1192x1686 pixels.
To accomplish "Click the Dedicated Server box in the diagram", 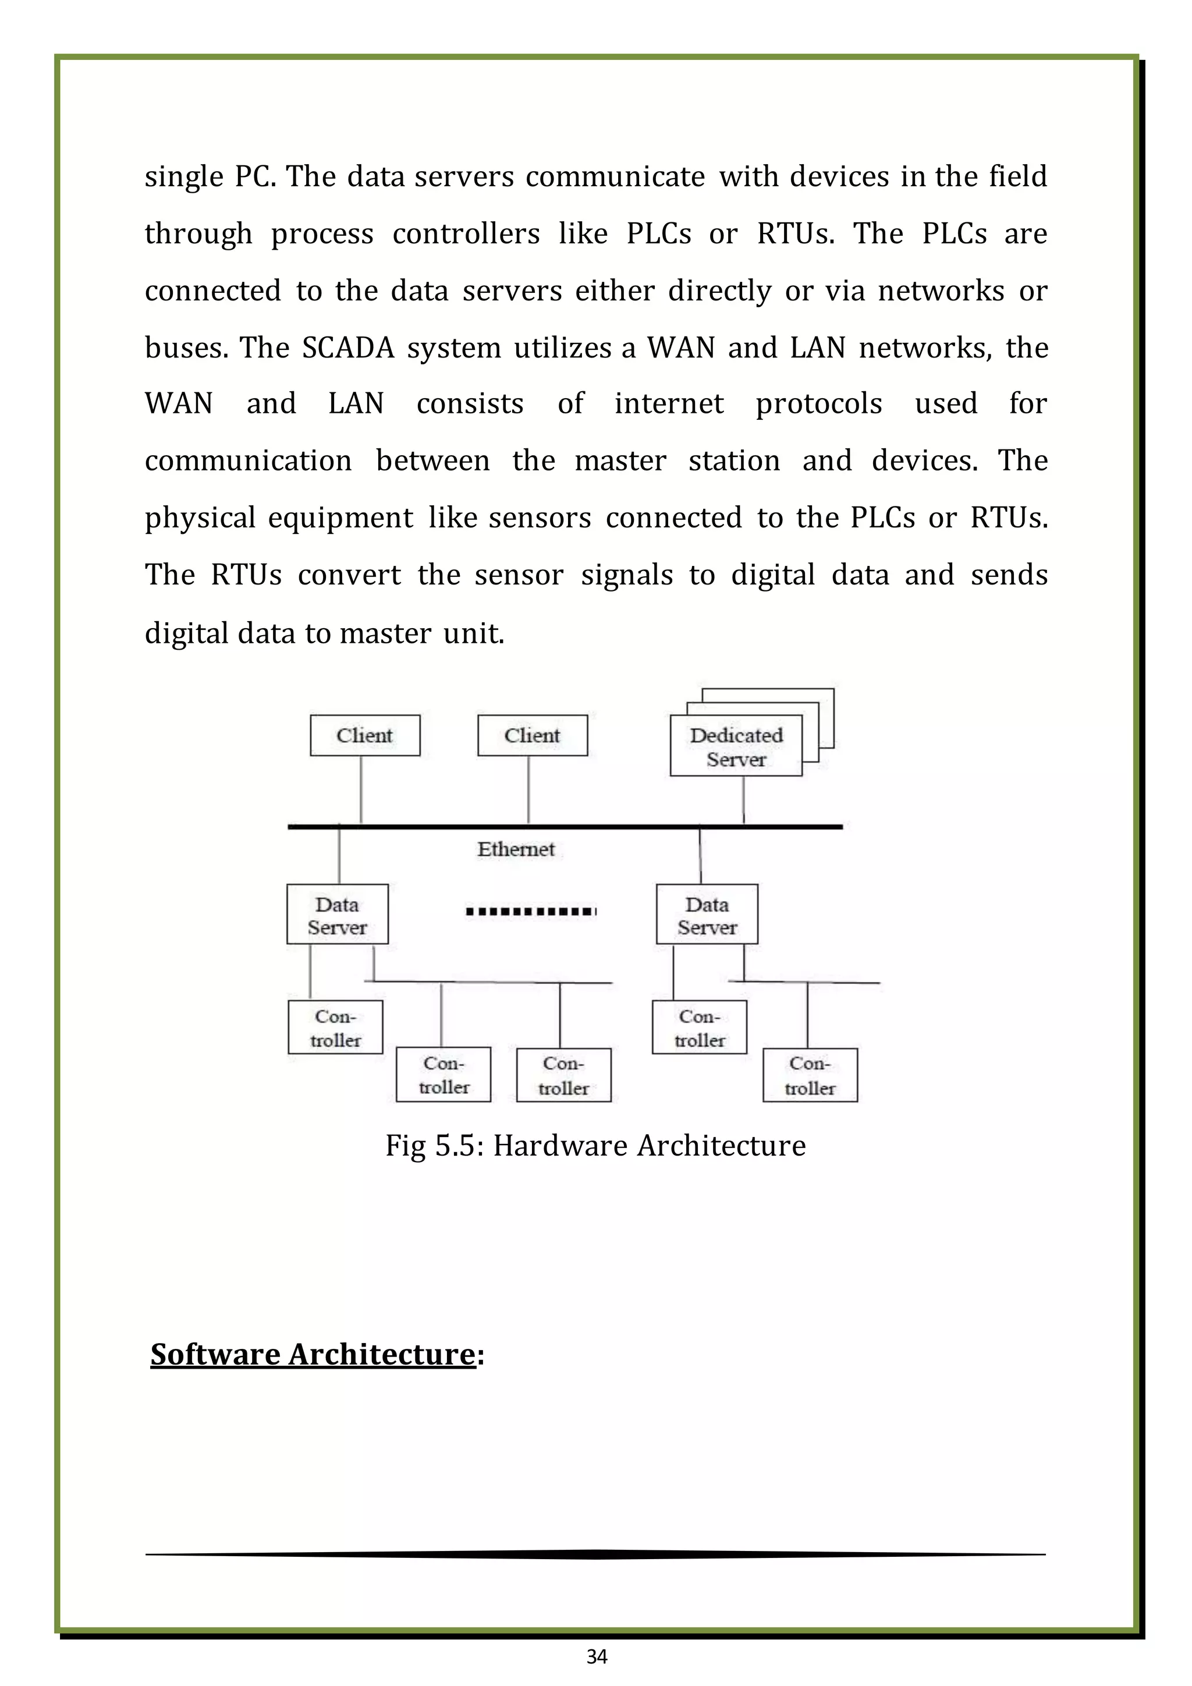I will tap(736, 746).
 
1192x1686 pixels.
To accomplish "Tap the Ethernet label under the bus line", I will tap(516, 849).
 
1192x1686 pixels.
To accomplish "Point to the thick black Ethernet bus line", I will tap(565, 827).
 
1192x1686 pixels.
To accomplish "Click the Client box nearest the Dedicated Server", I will tap(532, 736).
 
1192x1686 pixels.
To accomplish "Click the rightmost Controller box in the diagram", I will tap(810, 1075).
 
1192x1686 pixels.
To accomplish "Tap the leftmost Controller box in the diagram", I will tap(335, 1028).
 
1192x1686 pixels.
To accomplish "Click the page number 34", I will tap(597, 1657).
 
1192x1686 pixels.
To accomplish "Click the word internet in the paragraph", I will tap(669, 404).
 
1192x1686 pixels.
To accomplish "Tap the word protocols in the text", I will tap(819, 404).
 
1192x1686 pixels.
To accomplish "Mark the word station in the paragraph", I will tap(734, 461).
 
